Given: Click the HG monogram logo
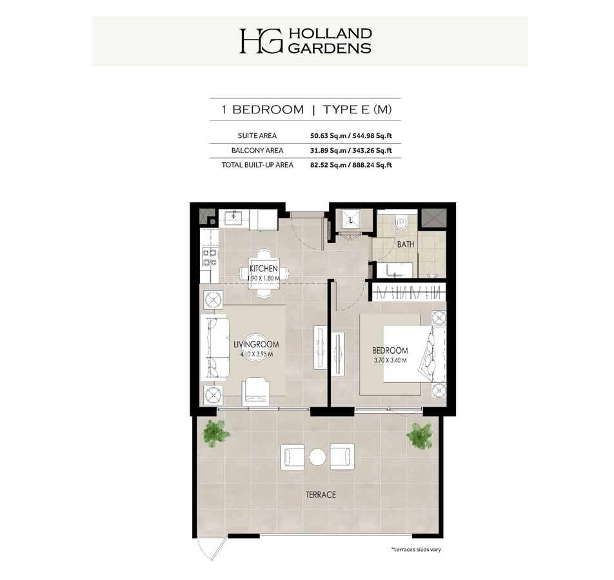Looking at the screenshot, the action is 261,41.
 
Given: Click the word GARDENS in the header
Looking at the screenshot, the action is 330,48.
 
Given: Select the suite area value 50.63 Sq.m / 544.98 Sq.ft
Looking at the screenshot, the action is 351,136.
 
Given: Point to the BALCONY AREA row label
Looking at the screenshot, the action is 257,150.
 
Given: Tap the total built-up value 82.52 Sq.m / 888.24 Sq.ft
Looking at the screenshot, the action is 351,165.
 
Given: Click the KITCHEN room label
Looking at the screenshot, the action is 264,269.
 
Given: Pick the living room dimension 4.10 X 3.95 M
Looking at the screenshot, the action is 257,354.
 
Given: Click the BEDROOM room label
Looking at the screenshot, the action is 390,351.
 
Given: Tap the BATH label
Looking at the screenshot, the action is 405,244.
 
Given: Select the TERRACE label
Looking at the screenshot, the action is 321,495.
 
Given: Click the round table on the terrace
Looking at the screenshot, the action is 317,457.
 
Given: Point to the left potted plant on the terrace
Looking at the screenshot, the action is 216,433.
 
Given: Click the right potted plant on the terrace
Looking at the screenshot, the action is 419,436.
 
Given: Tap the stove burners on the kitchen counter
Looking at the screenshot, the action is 210,258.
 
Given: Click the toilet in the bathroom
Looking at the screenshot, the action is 401,223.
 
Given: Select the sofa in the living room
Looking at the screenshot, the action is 215,348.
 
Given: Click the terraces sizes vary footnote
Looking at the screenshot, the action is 416,550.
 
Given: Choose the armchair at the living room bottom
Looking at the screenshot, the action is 255,392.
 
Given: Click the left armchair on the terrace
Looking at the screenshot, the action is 293,457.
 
